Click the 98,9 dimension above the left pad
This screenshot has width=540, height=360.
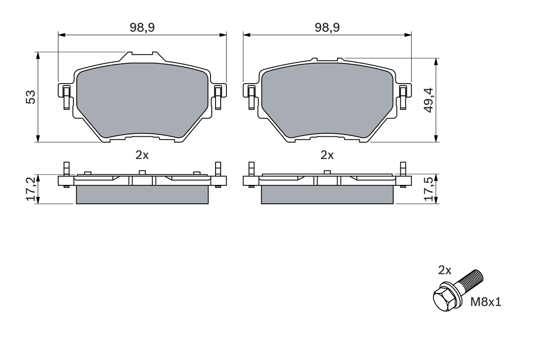(x=142, y=28)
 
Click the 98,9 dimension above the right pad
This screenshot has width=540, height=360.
(x=327, y=28)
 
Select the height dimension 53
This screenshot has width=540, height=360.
(x=31, y=97)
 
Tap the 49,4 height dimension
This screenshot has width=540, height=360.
(x=429, y=100)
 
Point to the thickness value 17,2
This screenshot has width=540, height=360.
(x=31, y=189)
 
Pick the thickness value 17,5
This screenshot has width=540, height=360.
(x=429, y=189)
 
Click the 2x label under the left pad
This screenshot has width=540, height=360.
(x=142, y=155)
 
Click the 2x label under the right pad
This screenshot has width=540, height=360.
(x=327, y=155)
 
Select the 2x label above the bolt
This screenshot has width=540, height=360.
(x=445, y=270)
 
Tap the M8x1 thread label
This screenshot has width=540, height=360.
(x=486, y=302)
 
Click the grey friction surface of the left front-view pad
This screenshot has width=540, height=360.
(x=142, y=99)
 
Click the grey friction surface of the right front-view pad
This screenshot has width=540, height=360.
(x=327, y=99)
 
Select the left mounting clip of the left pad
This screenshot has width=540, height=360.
(x=66, y=96)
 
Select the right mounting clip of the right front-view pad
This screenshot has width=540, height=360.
(x=403, y=96)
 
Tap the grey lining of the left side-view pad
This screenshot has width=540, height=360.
(x=142, y=195)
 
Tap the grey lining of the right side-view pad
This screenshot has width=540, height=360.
(x=327, y=195)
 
